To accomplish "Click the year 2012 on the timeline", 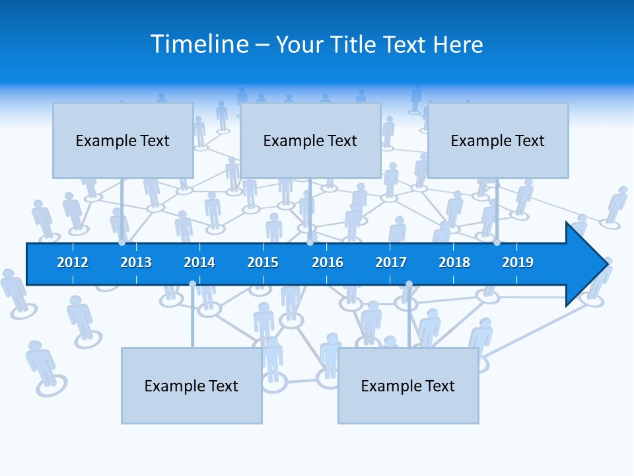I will (73, 262).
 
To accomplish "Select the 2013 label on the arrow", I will (136, 262).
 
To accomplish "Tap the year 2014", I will (199, 262).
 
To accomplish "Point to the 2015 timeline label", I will (263, 262).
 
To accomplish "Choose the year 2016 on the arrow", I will (328, 262).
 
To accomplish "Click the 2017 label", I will (391, 262).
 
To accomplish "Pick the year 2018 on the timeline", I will (454, 262).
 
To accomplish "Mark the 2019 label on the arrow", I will (518, 262).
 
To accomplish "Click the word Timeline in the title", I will (199, 44).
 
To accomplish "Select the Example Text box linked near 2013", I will (123, 140).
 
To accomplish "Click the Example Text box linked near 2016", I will (310, 140).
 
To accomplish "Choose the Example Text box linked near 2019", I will (498, 140).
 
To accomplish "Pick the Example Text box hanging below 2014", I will (192, 385).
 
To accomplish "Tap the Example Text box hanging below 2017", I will (408, 385).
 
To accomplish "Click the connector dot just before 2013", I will (122, 243).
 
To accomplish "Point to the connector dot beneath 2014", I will (192, 284).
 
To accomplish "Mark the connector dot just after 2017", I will (409, 284).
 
